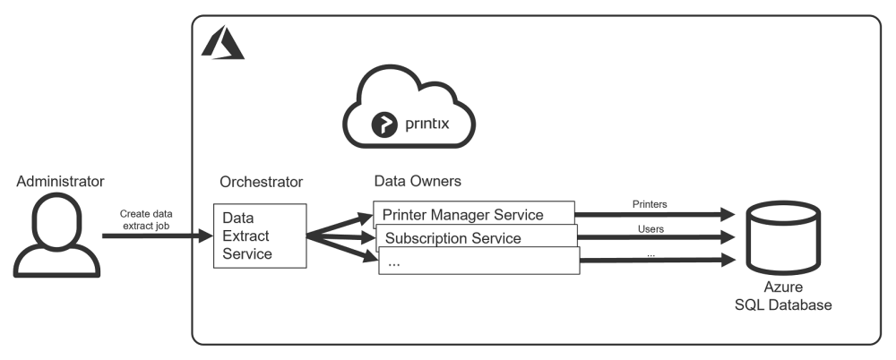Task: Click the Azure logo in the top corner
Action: point(222,43)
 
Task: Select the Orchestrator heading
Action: point(261,183)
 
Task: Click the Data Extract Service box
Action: point(260,236)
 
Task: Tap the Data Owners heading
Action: point(417,182)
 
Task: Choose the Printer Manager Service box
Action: point(472,214)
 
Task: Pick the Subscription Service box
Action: point(474,238)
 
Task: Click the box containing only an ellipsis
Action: point(478,261)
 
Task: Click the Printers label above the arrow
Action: point(648,204)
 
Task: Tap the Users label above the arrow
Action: point(650,229)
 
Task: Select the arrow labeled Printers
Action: point(653,215)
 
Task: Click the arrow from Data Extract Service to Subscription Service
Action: point(341,237)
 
